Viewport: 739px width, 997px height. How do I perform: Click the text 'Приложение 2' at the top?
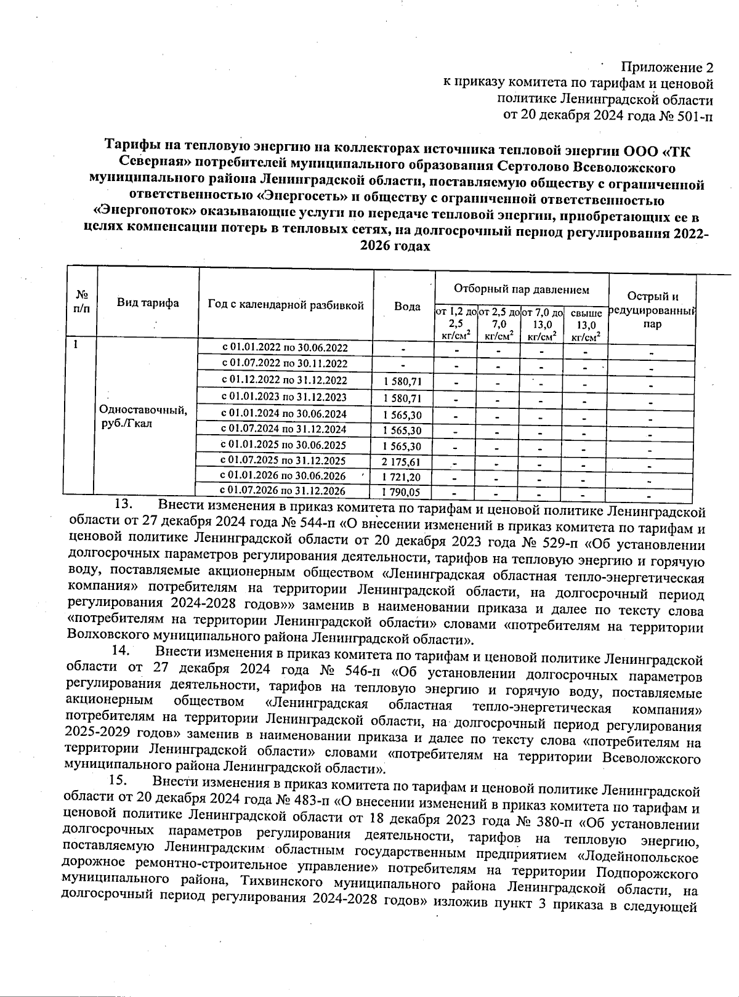click(x=667, y=67)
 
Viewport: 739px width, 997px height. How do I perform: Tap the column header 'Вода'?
click(x=407, y=306)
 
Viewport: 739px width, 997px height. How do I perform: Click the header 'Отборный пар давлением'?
click(x=521, y=289)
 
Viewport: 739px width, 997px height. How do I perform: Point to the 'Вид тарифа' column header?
click(x=148, y=302)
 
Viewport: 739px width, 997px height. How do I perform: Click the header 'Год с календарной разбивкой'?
click(x=286, y=305)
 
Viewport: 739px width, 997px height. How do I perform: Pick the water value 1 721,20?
click(x=402, y=477)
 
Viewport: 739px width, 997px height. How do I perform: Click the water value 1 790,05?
click(x=402, y=492)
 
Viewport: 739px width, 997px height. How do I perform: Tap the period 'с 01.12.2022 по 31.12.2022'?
click(x=284, y=381)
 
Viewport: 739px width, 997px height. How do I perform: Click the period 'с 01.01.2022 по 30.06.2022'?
click(x=284, y=348)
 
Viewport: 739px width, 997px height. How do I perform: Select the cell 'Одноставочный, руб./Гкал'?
click(x=143, y=417)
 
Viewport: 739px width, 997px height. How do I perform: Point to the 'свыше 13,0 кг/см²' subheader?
click(x=586, y=325)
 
